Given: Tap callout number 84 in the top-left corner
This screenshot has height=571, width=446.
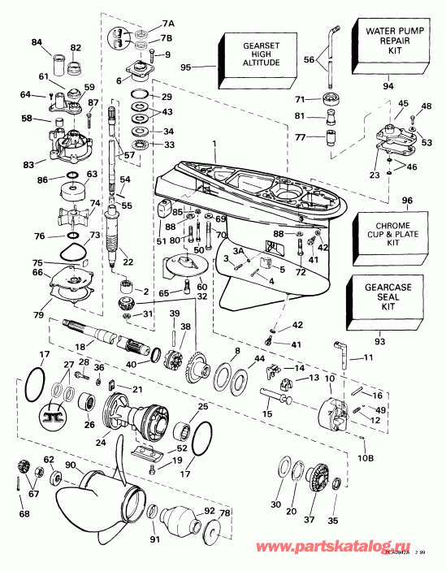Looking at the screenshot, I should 36,42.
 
